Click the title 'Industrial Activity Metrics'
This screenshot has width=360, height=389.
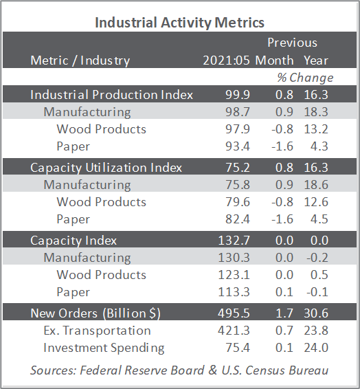[180, 23]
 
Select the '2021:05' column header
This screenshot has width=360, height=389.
[226, 60]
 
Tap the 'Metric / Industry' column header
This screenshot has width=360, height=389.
[80, 60]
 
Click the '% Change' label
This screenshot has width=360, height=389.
[305, 78]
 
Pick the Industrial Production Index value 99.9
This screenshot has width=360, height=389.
[238, 95]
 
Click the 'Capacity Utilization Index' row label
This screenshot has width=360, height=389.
[106, 168]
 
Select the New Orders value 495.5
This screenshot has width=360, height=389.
[234, 313]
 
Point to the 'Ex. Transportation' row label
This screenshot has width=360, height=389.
[97, 331]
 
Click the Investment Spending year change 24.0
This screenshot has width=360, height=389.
[316, 348]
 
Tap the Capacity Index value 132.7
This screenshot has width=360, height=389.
[234, 241]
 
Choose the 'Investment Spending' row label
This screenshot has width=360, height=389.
[104, 348]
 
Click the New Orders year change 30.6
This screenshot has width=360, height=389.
[316, 313]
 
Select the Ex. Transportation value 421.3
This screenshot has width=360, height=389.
[234, 331]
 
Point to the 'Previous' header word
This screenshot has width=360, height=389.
[292, 43]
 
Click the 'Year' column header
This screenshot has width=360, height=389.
[316, 60]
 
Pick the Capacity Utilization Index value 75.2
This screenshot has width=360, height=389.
[238, 168]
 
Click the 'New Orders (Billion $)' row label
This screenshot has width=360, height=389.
[95, 313]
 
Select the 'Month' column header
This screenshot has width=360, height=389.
[274, 60]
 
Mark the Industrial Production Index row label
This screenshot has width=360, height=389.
[111, 95]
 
